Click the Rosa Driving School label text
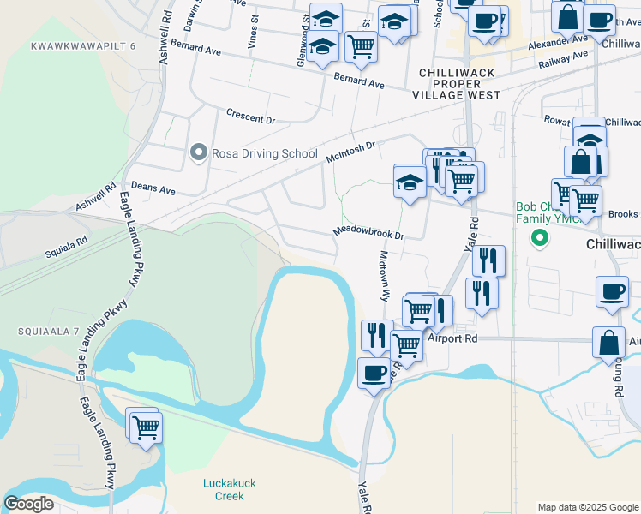[266, 153]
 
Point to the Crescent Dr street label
[250, 116]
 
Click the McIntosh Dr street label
[351, 152]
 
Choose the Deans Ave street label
[153, 188]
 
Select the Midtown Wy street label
[385, 275]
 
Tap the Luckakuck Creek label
[224, 489]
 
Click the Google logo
[28, 504]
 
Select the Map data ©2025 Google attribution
[588, 507]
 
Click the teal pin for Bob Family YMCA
[540, 237]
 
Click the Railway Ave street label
[564, 60]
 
